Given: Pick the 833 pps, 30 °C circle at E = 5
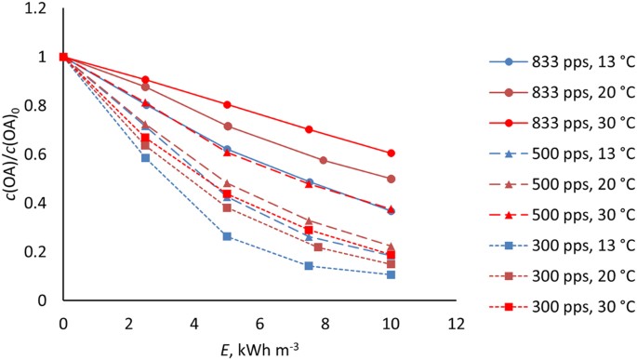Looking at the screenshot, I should pos(227,104).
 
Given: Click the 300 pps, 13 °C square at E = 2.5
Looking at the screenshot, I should pos(145,158).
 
